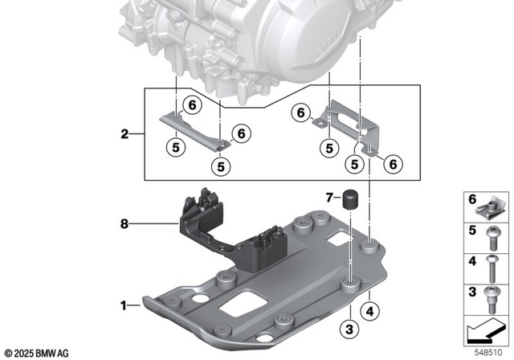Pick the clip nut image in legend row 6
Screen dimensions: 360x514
(490, 210)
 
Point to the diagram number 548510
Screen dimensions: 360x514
(491, 352)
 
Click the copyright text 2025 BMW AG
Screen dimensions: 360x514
(37, 353)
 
